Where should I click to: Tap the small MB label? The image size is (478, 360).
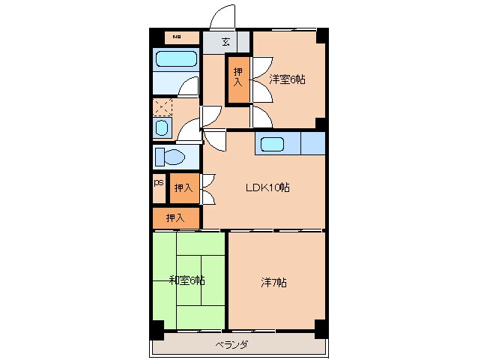click(x=177, y=36)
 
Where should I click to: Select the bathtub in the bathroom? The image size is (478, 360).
click(x=175, y=59)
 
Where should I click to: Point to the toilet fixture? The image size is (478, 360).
click(x=170, y=157)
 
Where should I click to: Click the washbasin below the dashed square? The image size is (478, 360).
click(x=163, y=128)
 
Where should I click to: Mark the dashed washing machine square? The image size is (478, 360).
click(x=163, y=106)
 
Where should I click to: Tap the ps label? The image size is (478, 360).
click(x=159, y=182)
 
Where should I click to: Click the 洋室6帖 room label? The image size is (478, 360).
click(x=288, y=79)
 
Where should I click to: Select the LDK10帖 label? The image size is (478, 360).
click(x=267, y=187)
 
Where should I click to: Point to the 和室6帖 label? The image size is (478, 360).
click(x=187, y=280)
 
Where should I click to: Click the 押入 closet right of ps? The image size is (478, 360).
click(x=184, y=187)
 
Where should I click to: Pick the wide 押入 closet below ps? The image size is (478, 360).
click(x=175, y=217)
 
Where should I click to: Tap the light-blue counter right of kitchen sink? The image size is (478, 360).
click(x=312, y=142)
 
